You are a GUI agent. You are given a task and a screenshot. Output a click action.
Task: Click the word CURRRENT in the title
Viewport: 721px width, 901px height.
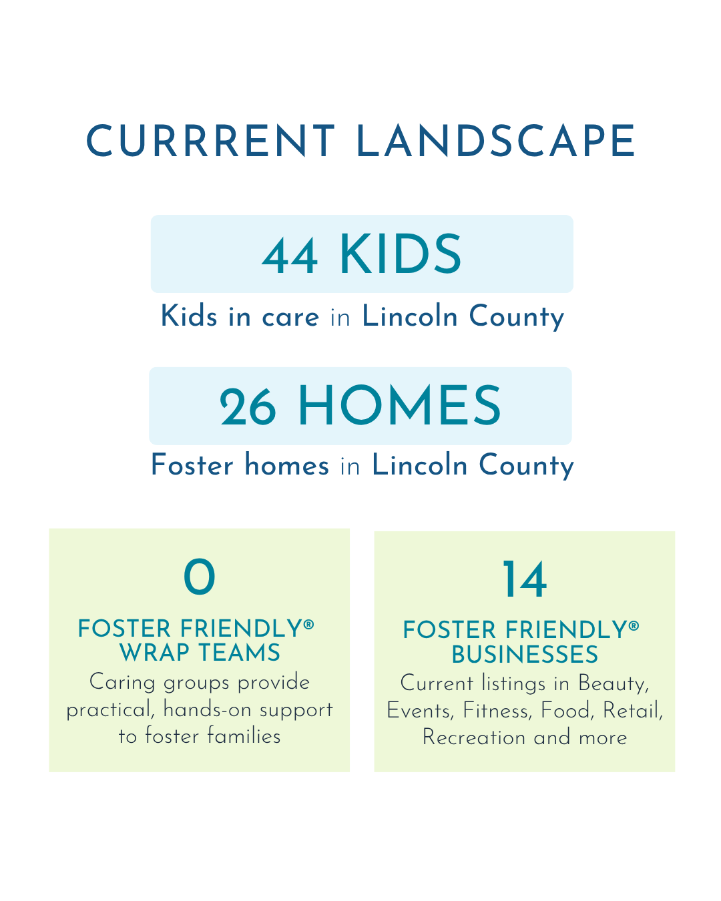[x=210, y=140]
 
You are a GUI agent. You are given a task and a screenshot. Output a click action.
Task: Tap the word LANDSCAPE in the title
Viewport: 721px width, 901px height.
[x=495, y=140]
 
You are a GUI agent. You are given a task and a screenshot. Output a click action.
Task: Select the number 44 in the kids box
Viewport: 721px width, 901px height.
[x=290, y=256]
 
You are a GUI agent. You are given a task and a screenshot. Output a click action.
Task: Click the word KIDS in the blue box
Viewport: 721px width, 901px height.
[x=401, y=254]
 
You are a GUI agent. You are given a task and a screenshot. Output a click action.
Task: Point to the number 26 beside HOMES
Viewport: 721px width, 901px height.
[x=248, y=406]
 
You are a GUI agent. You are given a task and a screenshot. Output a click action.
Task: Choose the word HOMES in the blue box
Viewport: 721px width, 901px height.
[x=399, y=405]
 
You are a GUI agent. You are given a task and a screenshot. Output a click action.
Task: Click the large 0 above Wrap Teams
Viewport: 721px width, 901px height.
[x=200, y=577]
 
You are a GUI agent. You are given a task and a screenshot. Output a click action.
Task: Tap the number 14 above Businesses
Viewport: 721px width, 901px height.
[x=525, y=579]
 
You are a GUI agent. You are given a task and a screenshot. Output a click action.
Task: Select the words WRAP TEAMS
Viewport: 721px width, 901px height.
[x=200, y=653]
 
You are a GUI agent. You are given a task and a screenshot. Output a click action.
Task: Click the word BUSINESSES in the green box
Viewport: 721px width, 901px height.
[x=525, y=655]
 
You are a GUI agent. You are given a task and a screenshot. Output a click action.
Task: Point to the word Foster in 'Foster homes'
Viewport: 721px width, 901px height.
[x=192, y=465]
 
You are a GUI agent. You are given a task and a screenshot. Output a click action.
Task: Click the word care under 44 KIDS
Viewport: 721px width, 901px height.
[x=290, y=317]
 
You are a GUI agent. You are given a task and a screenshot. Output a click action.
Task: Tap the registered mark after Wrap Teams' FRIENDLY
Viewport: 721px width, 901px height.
[x=308, y=625]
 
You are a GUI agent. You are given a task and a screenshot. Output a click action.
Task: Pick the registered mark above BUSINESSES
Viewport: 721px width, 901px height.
[x=634, y=626]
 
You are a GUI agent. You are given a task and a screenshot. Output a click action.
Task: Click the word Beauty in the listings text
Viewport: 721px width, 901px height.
[x=614, y=683]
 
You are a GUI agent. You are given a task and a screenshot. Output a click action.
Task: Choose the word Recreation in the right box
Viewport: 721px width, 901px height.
[x=474, y=737]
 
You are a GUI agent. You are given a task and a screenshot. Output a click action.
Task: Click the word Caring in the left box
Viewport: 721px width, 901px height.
[x=122, y=683]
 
